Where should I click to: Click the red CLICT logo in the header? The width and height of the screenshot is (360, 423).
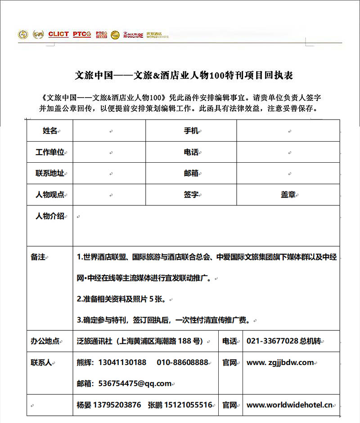(x=58, y=34)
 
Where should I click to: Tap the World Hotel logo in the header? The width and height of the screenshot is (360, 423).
(x=157, y=35)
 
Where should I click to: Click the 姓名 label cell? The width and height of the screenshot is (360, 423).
(x=50, y=131)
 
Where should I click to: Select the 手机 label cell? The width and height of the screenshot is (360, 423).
(x=191, y=131)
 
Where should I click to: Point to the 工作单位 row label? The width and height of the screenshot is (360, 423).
(x=50, y=152)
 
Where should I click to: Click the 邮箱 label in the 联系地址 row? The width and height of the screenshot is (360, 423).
(x=191, y=174)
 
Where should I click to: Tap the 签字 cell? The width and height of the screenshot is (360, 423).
(x=191, y=195)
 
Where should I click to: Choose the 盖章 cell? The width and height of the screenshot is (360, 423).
(x=288, y=195)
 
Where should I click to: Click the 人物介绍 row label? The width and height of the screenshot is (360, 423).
(x=50, y=216)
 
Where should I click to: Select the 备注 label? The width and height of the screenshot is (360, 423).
(x=38, y=257)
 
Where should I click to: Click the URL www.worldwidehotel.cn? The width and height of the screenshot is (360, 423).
(x=289, y=405)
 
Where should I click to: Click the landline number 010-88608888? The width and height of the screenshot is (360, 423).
(x=182, y=362)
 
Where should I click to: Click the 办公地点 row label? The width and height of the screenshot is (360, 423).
(x=45, y=341)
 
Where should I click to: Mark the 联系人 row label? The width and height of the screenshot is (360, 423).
(x=41, y=362)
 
